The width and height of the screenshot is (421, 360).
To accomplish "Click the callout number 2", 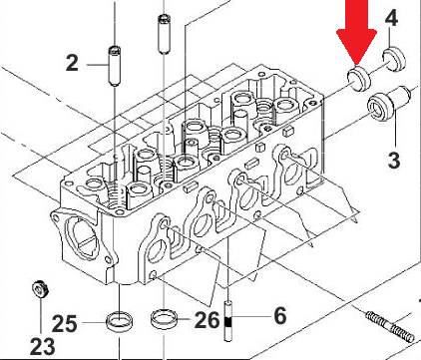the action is click(72, 63).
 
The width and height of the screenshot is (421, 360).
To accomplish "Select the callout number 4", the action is click(391, 18).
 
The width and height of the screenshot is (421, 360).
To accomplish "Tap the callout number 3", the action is click(394, 161).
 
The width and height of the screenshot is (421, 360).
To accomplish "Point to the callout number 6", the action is click(280, 315).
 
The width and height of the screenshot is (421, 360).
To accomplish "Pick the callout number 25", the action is click(65, 324).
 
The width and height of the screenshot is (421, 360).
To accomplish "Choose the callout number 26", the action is click(207, 320).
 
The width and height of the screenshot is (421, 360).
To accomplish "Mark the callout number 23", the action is click(42, 347).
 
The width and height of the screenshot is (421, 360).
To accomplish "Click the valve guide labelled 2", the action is click(115, 67).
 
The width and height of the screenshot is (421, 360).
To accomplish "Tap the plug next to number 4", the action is click(395, 59).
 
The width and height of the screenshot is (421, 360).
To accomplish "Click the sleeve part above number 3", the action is click(389, 104).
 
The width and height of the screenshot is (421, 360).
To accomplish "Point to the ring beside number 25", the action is click(120, 321).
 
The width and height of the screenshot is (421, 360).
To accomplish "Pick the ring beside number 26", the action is click(164, 319).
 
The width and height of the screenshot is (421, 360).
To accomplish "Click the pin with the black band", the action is click(228, 321).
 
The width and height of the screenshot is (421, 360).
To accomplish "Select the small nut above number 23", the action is click(40, 289).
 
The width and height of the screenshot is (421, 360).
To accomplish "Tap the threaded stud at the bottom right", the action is click(389, 327).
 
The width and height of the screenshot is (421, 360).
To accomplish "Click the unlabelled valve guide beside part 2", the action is click(163, 34).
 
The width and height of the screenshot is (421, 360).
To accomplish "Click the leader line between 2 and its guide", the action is click(98, 65).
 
